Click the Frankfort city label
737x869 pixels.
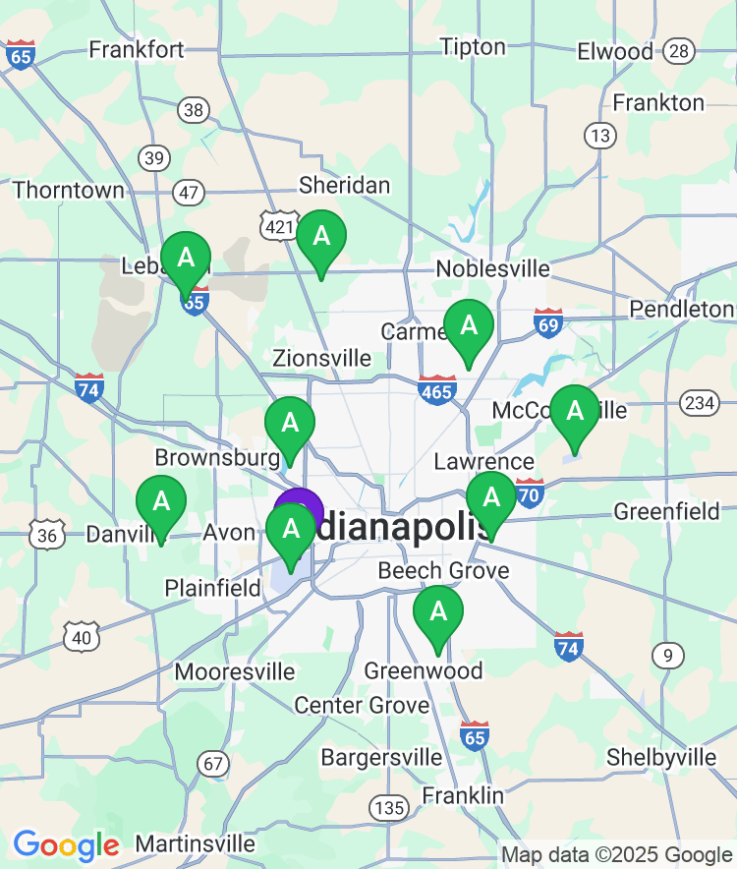[x=137, y=49]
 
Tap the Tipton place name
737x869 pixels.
[x=473, y=46]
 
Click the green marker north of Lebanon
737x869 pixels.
[x=186, y=260]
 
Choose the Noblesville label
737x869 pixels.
[x=492, y=268]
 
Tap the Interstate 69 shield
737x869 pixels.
[x=548, y=321]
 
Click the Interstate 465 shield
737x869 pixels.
[x=436, y=390]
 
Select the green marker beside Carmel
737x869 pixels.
[x=469, y=326]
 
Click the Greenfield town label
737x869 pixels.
[x=667, y=511]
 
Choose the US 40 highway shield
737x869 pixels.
[x=82, y=637]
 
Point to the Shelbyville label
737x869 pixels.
[x=661, y=757]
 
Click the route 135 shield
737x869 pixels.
[x=389, y=807]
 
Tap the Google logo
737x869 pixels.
[x=66, y=844]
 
